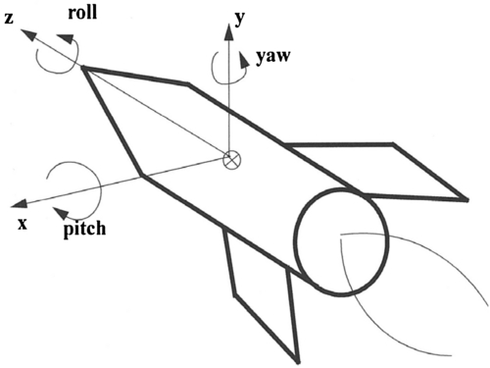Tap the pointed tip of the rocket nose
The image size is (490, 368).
[x=82, y=68]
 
